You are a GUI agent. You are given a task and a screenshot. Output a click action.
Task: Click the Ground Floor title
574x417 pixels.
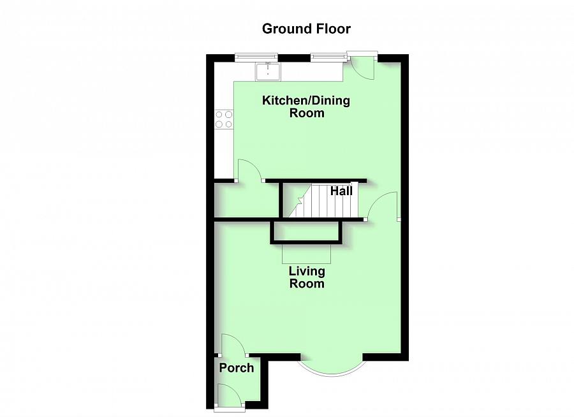tap(306, 29)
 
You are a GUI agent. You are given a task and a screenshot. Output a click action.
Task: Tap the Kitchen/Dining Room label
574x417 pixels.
tap(307, 106)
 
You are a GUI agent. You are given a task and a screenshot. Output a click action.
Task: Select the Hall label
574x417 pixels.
tap(341, 190)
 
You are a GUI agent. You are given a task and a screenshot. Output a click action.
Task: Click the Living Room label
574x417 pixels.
tap(307, 278)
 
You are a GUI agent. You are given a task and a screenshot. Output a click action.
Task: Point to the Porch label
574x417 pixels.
tap(236, 368)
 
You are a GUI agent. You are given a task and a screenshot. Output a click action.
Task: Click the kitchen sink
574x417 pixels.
tap(268, 71)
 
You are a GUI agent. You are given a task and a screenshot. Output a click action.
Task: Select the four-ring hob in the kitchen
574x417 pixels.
tap(224, 119)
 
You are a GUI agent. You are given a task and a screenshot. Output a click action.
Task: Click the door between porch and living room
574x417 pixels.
tap(234, 346)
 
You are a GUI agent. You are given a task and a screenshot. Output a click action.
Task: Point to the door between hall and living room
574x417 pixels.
tap(383, 207)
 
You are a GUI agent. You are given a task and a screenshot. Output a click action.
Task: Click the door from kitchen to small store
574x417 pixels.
tap(249, 171)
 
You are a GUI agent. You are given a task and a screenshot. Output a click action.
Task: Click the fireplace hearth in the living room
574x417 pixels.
tap(307, 254)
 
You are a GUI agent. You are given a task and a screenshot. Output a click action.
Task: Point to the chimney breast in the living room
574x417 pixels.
tap(307, 232)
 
